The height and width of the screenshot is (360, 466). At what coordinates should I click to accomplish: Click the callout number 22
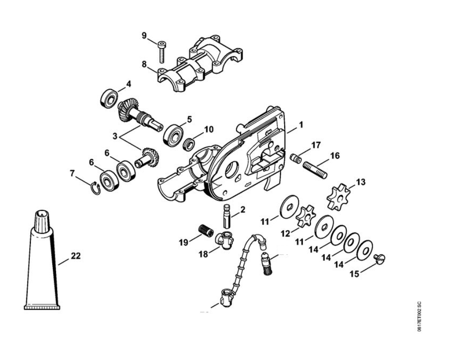[x=76, y=256]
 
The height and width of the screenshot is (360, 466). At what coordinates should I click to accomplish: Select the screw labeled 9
[x=162, y=51]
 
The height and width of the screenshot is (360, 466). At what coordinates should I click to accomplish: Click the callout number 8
[x=144, y=64]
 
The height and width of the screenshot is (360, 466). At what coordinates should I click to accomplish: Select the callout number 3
[x=115, y=136]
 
